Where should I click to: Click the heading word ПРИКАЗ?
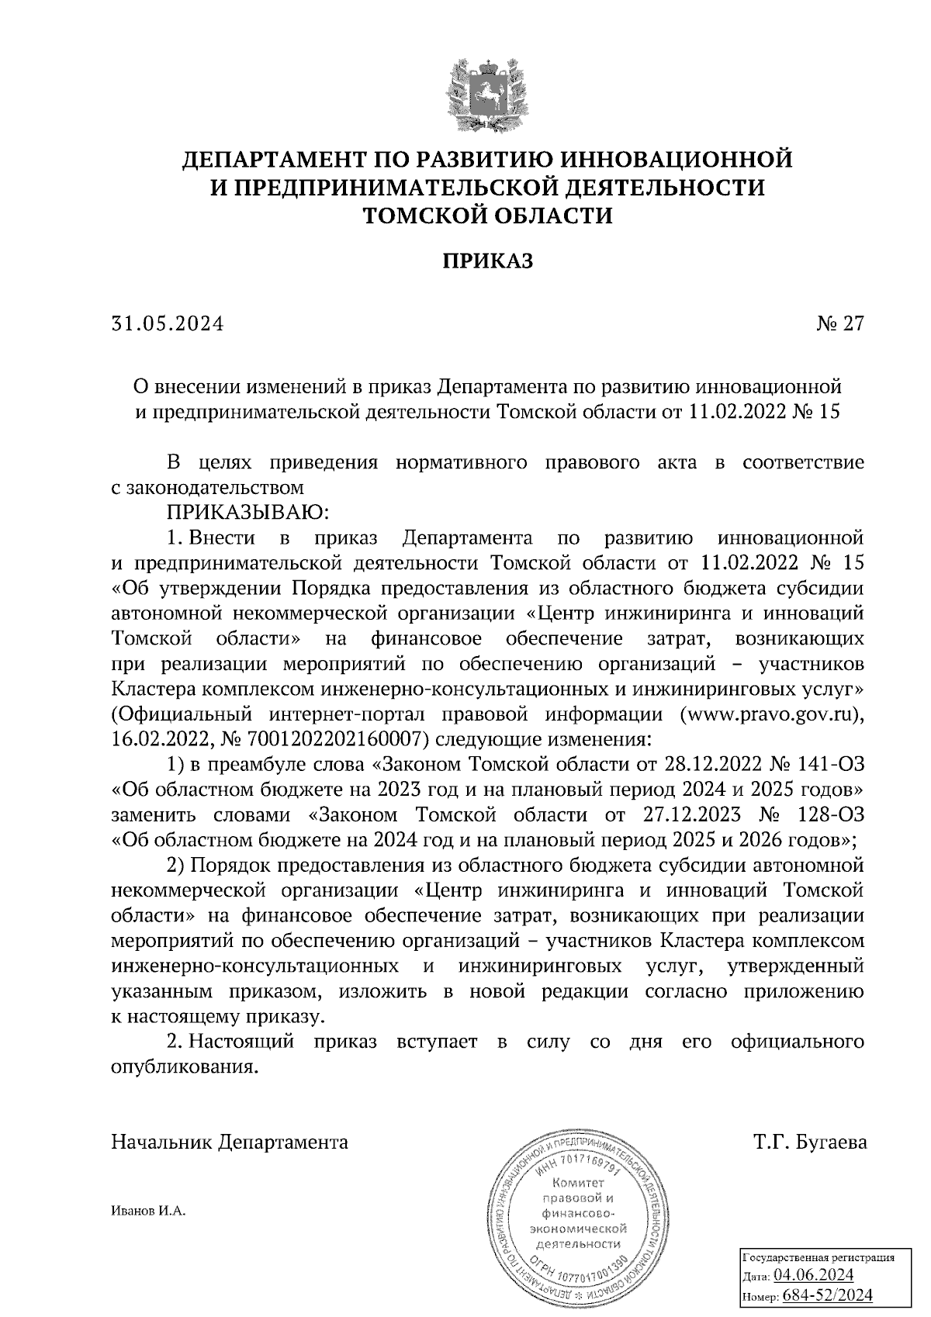(x=487, y=261)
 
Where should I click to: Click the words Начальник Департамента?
(x=230, y=1142)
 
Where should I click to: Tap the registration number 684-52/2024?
(x=828, y=1295)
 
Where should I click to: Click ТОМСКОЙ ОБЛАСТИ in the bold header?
(x=488, y=215)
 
